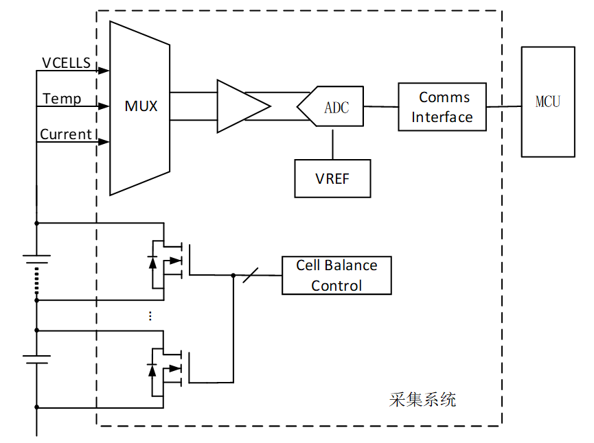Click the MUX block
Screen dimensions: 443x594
click(140, 106)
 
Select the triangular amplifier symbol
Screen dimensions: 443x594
click(240, 106)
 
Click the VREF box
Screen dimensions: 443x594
click(332, 178)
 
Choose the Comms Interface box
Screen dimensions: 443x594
click(442, 107)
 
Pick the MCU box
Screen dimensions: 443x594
click(548, 101)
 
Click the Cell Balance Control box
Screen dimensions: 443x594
click(336, 275)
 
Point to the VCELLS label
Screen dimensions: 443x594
click(66, 63)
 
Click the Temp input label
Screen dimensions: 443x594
click(62, 99)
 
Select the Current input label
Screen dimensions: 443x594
click(66, 134)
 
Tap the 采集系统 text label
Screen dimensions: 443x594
click(422, 400)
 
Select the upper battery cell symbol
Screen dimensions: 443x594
click(36, 260)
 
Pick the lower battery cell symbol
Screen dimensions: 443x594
click(36, 358)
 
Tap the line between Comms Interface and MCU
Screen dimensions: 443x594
click(504, 106)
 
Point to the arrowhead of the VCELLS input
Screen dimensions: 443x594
click(104, 71)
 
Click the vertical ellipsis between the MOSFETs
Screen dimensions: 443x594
click(150, 315)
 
